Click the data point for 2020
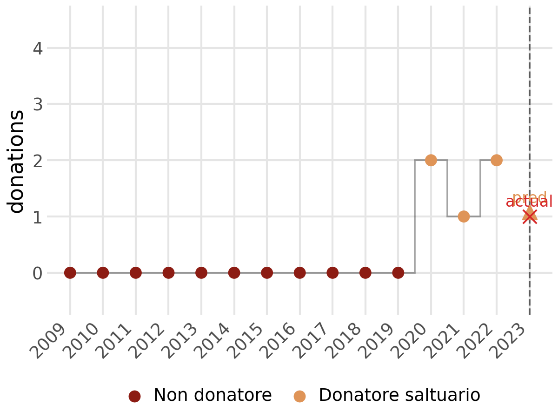(431, 160)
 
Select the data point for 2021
(464, 216)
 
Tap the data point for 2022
(496, 160)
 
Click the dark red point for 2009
(70, 272)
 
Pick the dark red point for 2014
(234, 272)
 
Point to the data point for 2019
(398, 272)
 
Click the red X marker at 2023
(529, 216)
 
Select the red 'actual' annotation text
(529, 202)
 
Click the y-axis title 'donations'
(17, 161)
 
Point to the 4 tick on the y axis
(39, 48)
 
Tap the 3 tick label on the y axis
(39, 104)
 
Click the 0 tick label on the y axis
(39, 273)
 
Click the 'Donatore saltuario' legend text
(399, 395)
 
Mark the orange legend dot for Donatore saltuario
(299, 396)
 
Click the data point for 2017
(332, 272)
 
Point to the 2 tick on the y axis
(39, 161)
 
